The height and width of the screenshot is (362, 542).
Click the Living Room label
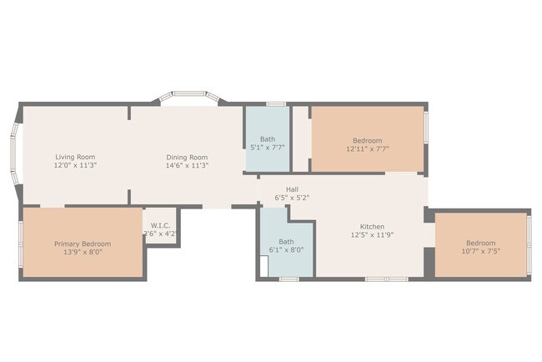click(x=75, y=157)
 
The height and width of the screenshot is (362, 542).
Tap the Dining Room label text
click(x=187, y=157)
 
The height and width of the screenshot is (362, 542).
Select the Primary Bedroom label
click(x=83, y=244)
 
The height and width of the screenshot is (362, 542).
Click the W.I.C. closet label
click(x=161, y=225)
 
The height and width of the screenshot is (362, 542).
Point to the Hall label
click(x=292, y=189)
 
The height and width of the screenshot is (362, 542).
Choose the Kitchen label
click(x=371, y=227)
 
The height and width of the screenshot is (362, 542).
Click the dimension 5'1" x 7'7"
click(x=268, y=148)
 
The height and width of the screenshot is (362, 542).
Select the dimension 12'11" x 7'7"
click(x=368, y=148)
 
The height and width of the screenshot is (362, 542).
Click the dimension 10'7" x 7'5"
click(x=482, y=250)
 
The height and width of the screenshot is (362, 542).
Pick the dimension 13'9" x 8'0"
click(x=83, y=252)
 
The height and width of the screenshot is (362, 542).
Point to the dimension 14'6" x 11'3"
click(x=187, y=165)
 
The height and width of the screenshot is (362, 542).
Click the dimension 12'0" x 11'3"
click(x=75, y=165)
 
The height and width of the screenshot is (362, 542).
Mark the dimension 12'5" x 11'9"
click(x=371, y=235)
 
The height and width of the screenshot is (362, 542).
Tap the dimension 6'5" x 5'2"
click(x=292, y=198)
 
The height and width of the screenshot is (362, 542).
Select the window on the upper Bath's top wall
click(x=275, y=104)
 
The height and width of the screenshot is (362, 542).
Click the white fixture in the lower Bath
click(x=263, y=266)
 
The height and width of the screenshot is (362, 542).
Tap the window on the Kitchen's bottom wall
click(x=386, y=279)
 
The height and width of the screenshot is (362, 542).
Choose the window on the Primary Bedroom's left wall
click(x=21, y=242)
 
